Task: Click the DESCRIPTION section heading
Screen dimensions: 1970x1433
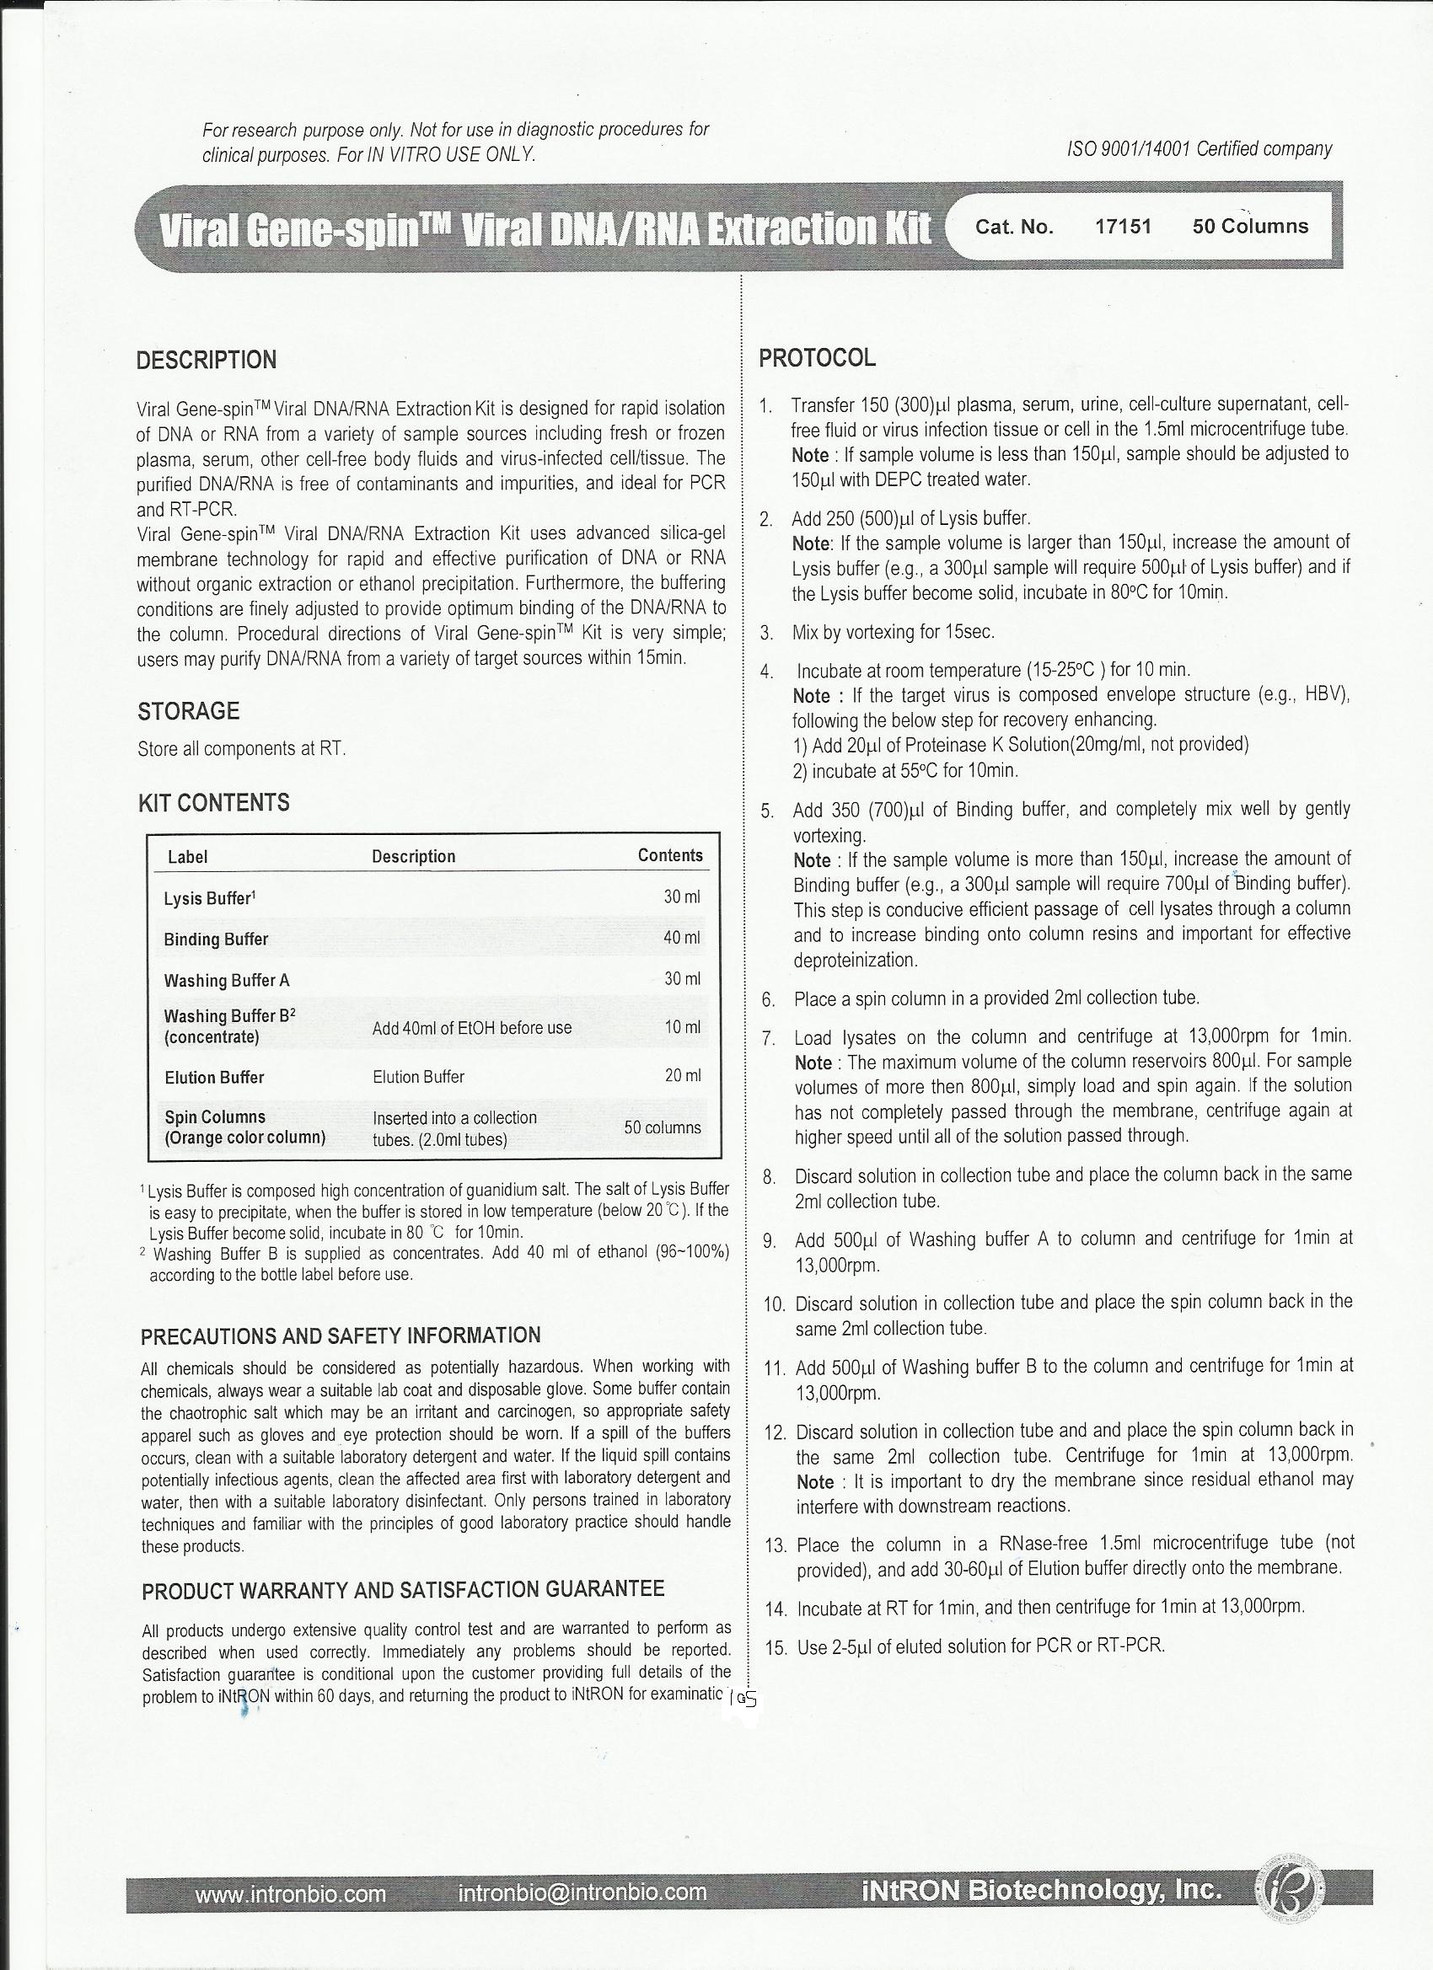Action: tap(207, 361)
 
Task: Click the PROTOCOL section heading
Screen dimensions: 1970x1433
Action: tap(817, 358)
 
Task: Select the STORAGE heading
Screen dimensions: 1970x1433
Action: tap(189, 711)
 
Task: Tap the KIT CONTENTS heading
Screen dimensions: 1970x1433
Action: tap(214, 803)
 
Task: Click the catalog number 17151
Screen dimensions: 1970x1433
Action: tap(1123, 227)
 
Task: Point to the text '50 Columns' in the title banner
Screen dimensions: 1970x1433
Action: tap(1249, 227)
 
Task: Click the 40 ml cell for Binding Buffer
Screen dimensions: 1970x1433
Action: tap(681, 938)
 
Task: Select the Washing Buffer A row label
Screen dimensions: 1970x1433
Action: tap(227, 981)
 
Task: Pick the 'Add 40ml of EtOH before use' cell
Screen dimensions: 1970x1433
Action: tap(472, 1028)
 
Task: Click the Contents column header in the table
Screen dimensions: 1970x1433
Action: tap(670, 855)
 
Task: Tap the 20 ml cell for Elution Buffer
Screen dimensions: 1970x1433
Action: tap(682, 1076)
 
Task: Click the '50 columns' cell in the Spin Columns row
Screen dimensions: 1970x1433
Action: tap(663, 1127)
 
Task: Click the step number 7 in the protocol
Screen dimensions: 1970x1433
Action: tap(768, 1038)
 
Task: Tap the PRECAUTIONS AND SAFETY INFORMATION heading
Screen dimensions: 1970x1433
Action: tap(341, 1335)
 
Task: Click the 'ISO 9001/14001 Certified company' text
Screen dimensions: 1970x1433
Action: tap(1200, 149)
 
